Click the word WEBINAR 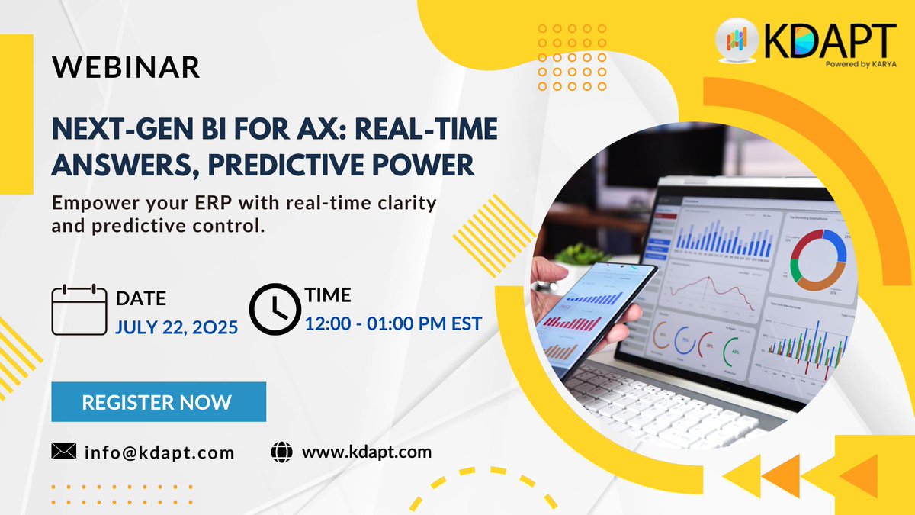[x=126, y=68]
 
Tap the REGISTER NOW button [x=159, y=402]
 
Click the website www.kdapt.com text [x=366, y=452]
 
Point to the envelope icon [x=63, y=452]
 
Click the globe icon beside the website [x=281, y=452]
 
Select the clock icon [x=275, y=309]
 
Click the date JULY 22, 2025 [x=177, y=327]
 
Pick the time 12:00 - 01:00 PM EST [x=393, y=323]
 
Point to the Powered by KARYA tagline [x=860, y=64]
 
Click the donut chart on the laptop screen [x=817, y=260]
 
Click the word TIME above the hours [x=328, y=295]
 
